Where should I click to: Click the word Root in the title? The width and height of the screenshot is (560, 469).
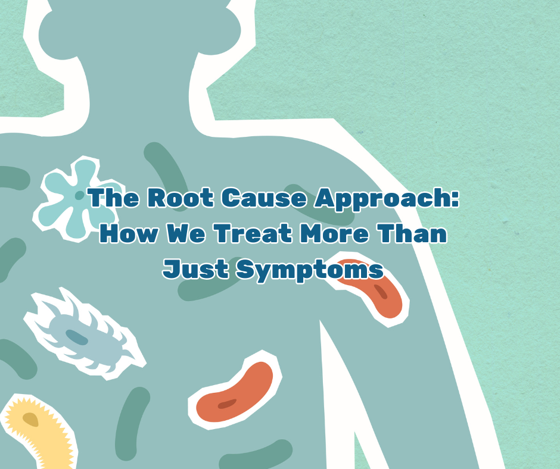point(181,198)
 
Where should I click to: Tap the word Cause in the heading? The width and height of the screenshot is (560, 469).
point(263,198)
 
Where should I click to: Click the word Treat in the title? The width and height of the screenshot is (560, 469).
point(253,233)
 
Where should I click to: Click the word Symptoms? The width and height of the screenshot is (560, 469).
point(310,271)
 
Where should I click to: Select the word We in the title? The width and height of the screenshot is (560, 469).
point(186,233)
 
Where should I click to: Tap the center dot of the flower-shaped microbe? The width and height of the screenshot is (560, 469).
point(79,195)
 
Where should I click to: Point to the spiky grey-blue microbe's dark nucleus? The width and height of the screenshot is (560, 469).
point(77,337)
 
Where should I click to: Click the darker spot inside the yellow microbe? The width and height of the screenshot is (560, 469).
point(30,420)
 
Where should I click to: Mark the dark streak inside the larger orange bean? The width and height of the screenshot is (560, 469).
point(227,404)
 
